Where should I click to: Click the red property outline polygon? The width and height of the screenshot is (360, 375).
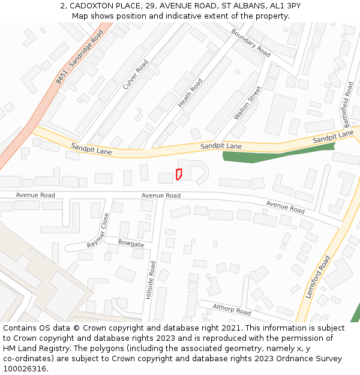(x=178, y=174)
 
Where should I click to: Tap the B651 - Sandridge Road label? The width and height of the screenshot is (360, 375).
(x=80, y=57)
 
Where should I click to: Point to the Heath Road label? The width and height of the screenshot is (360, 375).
(x=190, y=93)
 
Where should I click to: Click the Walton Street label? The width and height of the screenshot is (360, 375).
(x=248, y=103)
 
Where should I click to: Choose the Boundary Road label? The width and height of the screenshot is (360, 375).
(x=251, y=43)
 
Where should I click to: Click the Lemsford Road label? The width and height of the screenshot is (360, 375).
(x=318, y=277)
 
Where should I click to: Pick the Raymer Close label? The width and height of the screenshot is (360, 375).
(x=98, y=231)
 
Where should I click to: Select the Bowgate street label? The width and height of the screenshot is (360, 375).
(x=131, y=244)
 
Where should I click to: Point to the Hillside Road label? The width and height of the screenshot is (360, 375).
(x=152, y=281)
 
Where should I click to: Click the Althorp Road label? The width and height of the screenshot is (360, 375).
(x=232, y=310)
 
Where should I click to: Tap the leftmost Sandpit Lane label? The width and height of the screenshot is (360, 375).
(x=91, y=148)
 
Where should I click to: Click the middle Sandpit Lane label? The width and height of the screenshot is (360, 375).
(x=221, y=146)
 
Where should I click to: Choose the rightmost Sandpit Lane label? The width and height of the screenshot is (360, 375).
(x=333, y=137)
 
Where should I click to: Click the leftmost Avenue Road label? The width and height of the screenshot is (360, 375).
(x=35, y=195)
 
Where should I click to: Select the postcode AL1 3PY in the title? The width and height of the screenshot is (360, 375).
(x=286, y=6)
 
